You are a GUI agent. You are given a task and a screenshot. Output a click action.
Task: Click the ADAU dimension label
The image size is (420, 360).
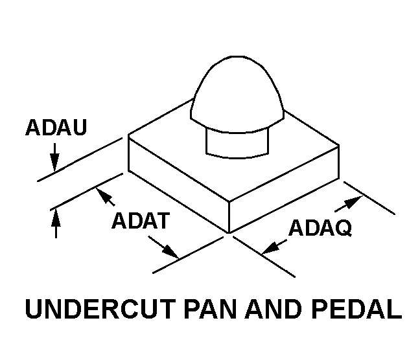pyautogui.click(x=55, y=127)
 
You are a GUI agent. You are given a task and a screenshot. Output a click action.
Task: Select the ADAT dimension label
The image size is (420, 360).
pyautogui.click(x=140, y=221)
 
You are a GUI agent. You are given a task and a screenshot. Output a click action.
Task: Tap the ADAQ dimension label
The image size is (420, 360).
pyautogui.click(x=320, y=228)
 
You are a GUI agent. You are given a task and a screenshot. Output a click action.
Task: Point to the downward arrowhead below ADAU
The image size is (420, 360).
pyautogui.click(x=55, y=164)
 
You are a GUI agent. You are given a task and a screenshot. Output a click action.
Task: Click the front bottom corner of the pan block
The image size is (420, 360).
pyautogui.click(x=229, y=232)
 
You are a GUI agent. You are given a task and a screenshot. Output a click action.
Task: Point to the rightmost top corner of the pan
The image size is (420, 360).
pyautogui.click(x=340, y=146)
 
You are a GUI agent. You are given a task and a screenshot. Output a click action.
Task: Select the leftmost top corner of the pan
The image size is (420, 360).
pyautogui.click(x=128, y=135)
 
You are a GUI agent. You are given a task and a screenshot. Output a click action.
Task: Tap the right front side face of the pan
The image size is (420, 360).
pyautogui.click(x=285, y=188)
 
